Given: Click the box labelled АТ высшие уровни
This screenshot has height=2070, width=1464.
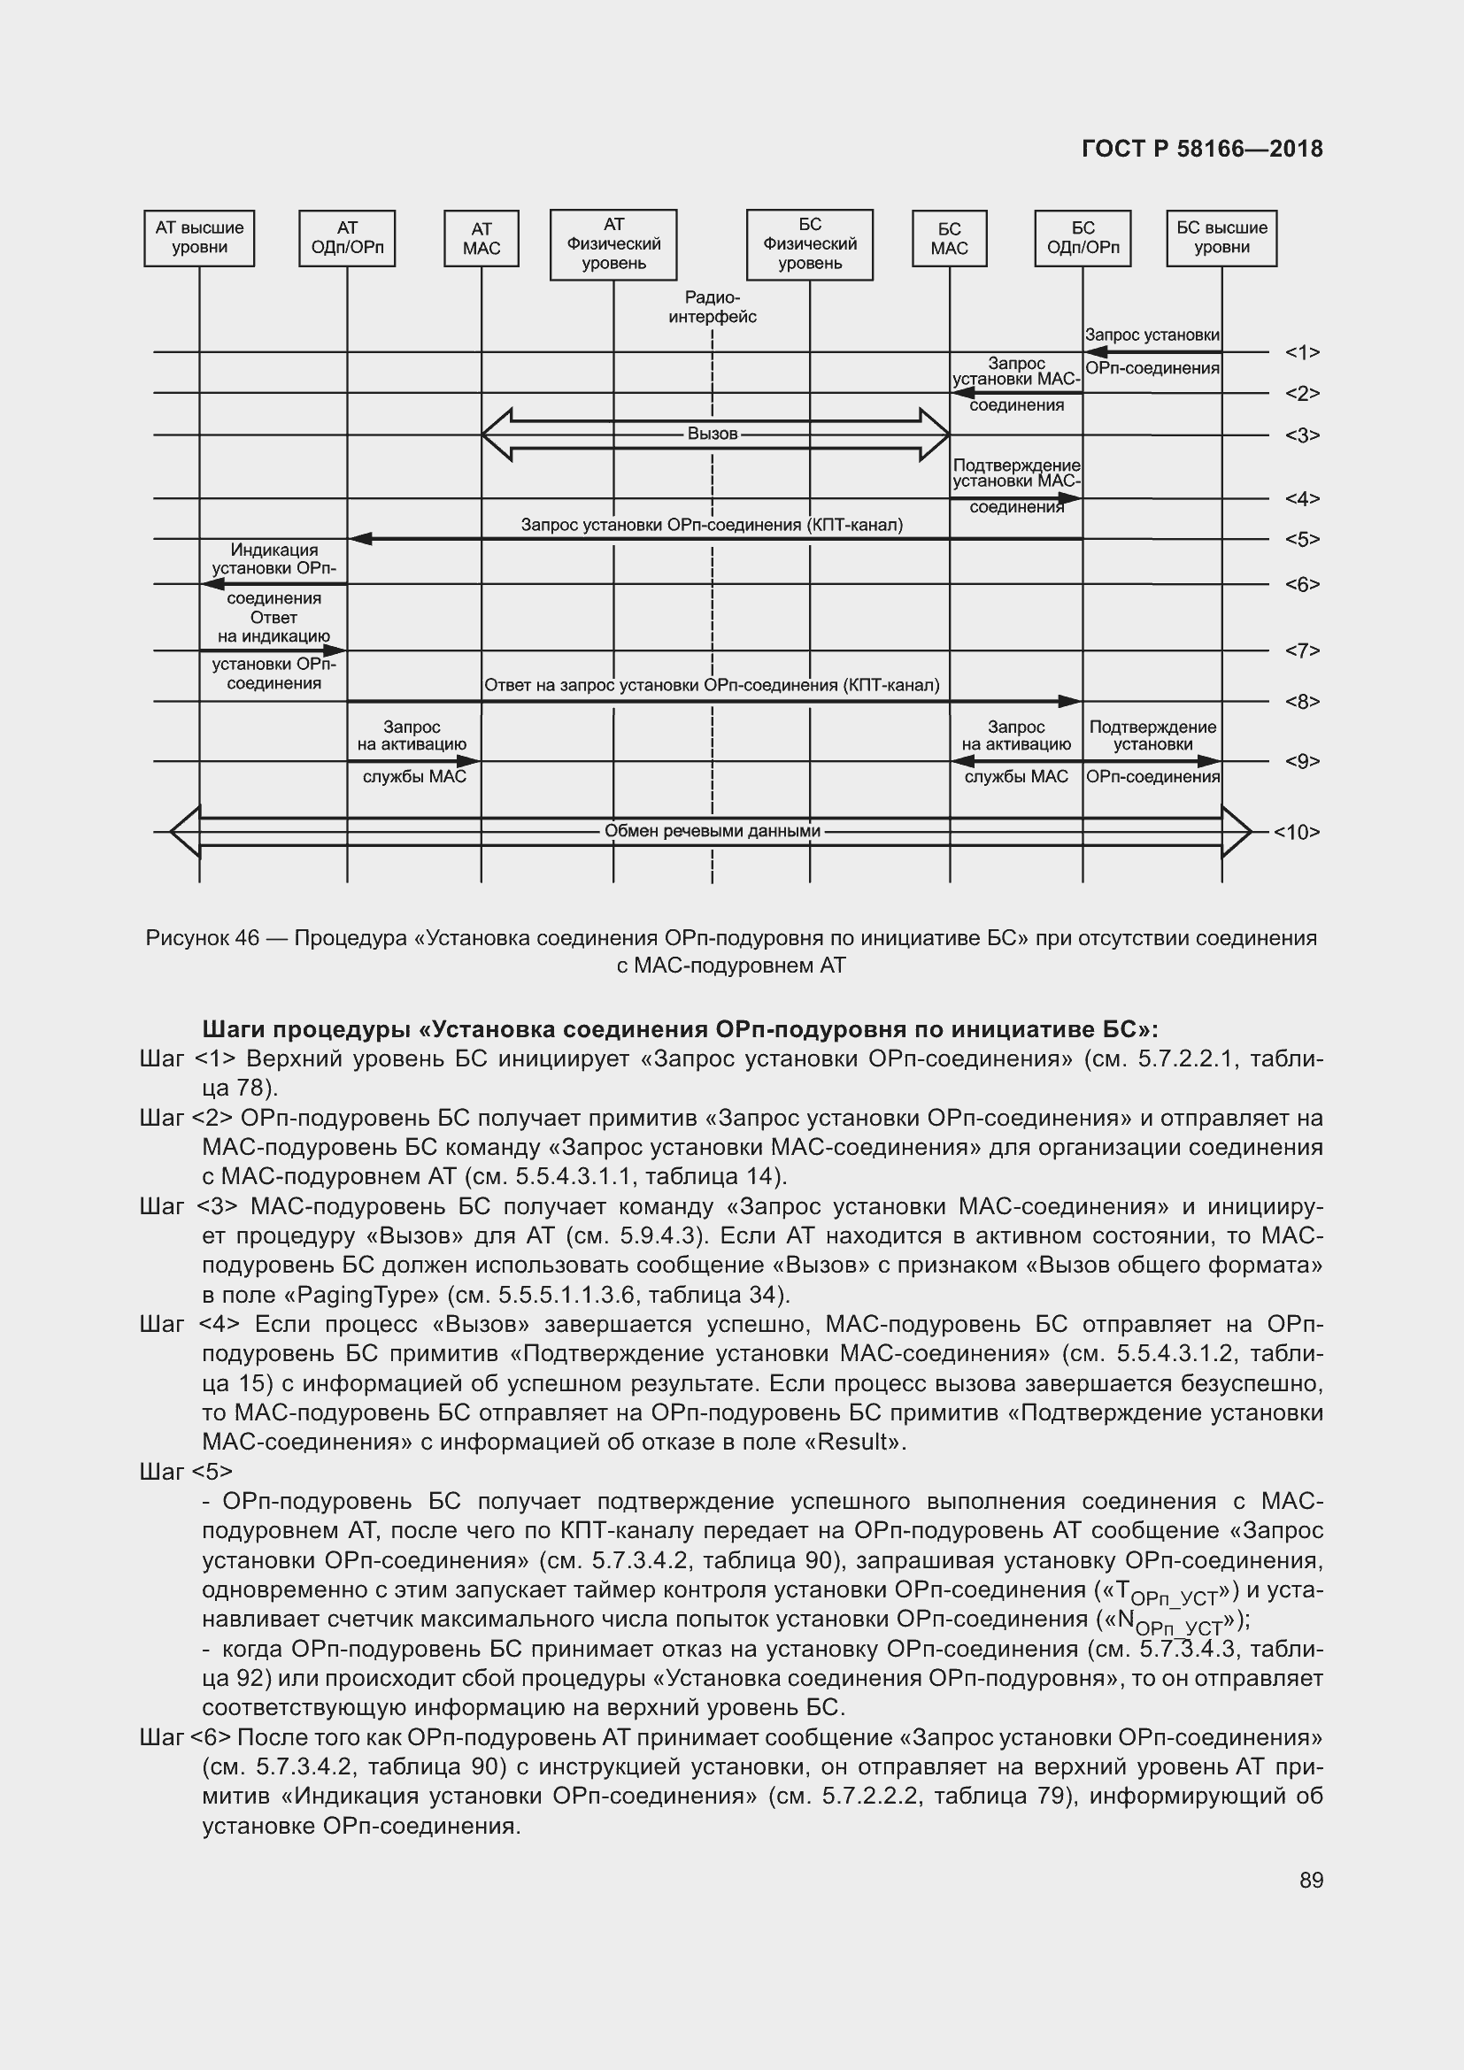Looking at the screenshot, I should click(x=199, y=239).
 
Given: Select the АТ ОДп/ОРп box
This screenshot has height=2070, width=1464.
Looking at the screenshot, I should click(x=347, y=239).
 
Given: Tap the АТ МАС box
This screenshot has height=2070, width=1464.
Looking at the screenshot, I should click(x=482, y=239).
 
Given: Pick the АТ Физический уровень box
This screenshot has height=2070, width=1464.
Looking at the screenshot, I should click(x=614, y=244).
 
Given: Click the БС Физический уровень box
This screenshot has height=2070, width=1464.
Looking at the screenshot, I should click(x=810, y=244).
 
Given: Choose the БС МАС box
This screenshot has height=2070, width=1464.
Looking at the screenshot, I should click(x=949, y=239).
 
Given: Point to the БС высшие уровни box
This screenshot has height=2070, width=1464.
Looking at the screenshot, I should click(x=1221, y=239).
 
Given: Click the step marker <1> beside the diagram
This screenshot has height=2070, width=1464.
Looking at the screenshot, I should click(x=1302, y=352).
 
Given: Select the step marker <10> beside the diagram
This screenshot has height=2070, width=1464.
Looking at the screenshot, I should click(x=1297, y=832).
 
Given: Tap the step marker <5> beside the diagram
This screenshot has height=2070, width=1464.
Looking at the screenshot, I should click(x=1302, y=539).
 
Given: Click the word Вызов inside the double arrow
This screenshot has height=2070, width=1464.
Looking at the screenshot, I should click(x=713, y=434).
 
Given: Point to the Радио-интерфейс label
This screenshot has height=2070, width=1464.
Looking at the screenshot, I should click(x=713, y=307).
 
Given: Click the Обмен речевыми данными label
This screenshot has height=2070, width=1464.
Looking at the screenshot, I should click(x=713, y=830).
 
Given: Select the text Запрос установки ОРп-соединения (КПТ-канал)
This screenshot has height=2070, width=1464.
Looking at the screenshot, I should click(x=712, y=525).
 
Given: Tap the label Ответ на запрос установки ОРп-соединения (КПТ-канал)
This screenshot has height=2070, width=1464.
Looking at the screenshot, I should click(x=712, y=685).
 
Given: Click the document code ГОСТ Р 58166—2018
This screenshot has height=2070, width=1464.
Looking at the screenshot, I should click(x=1202, y=149).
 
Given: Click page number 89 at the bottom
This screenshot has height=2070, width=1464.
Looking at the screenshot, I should click(x=1311, y=1880).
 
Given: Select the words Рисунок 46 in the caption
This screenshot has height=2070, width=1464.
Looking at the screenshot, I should click(x=202, y=937).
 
